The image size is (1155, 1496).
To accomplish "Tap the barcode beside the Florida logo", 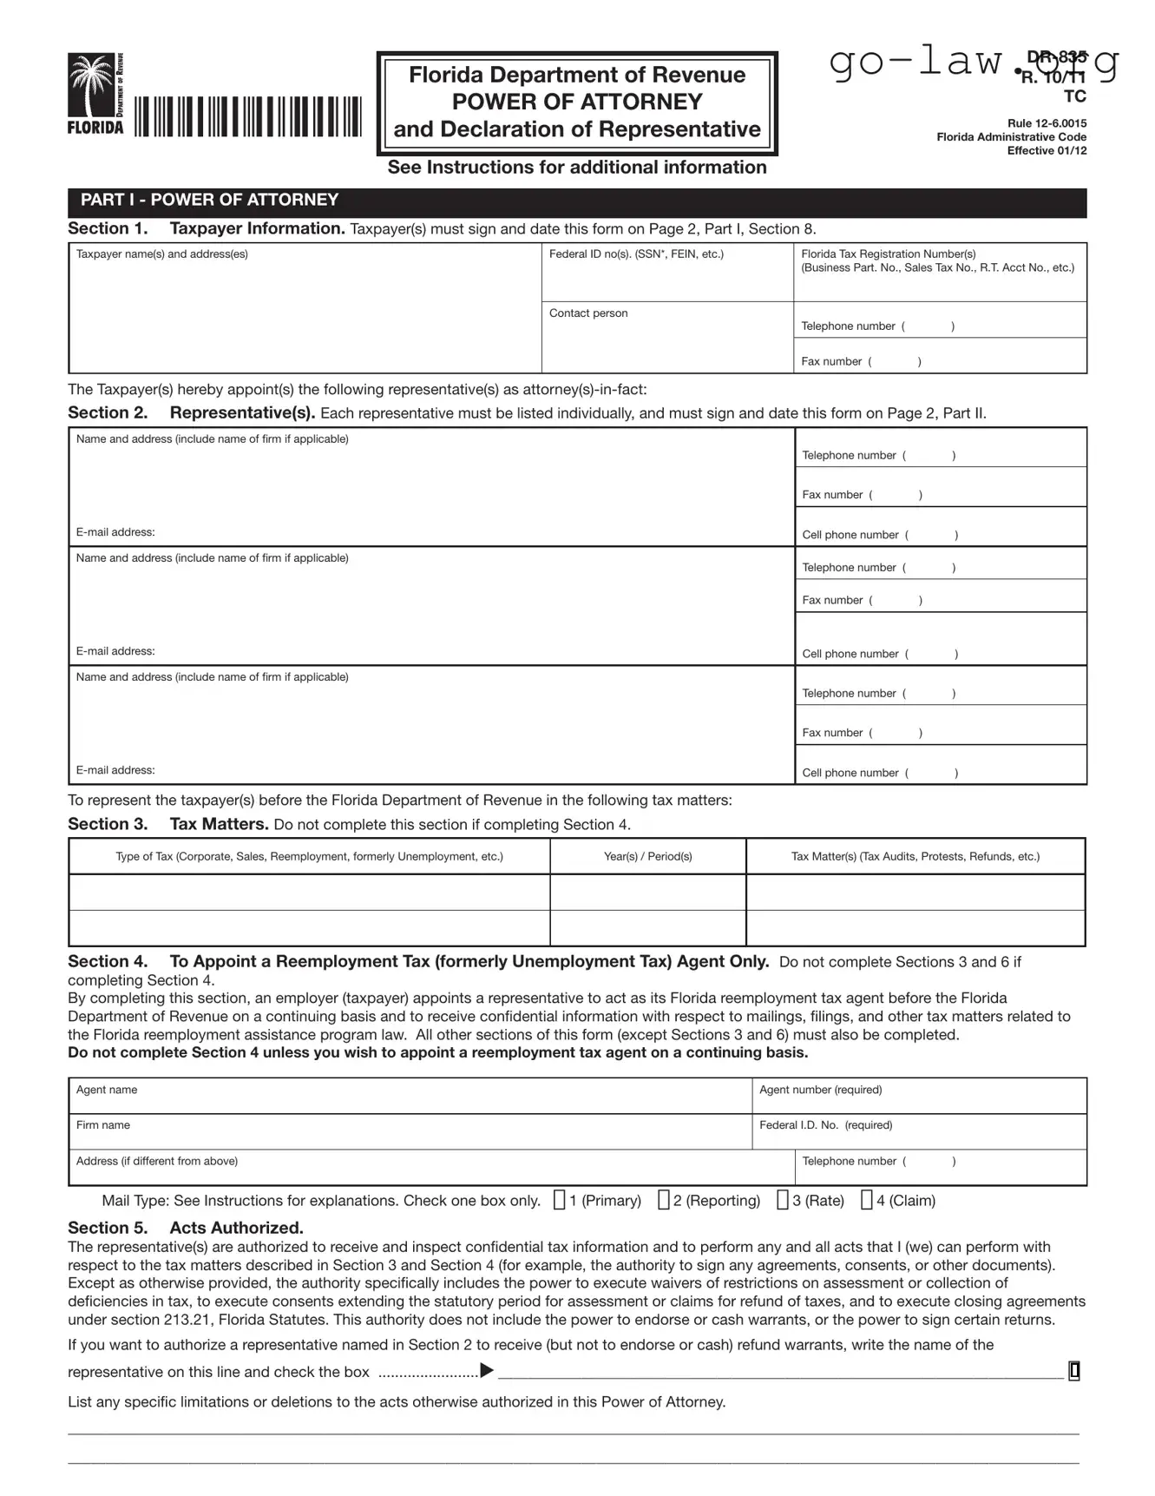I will pos(247,116).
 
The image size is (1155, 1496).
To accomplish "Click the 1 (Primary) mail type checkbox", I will pos(560,1200).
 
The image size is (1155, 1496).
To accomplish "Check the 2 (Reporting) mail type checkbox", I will pos(664,1200).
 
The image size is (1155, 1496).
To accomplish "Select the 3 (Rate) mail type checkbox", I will pos(783,1200).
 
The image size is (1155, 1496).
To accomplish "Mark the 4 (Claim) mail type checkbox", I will pos(867,1200).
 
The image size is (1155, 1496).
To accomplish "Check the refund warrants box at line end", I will pos(1074,1371).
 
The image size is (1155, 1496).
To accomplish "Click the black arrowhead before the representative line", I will pos(487,1371).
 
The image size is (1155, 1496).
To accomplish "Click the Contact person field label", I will pos(588,313).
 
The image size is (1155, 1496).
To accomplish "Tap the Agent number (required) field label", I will pos(820,1090).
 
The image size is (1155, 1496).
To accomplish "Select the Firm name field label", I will pos(103,1125).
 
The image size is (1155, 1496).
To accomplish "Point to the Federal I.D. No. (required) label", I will pos(825,1125).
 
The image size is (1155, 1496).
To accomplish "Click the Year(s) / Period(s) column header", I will pos(648,857).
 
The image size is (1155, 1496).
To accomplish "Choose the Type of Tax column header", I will pos(309,857).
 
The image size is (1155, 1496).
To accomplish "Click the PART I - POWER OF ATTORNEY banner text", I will pos(209,201).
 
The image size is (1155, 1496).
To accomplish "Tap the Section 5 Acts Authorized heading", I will pos(186,1228).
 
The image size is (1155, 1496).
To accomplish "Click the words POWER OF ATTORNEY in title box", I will pos(577,102).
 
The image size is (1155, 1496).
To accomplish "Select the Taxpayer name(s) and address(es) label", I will pos(162,254).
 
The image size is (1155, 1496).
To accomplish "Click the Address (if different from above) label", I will pos(157,1162).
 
